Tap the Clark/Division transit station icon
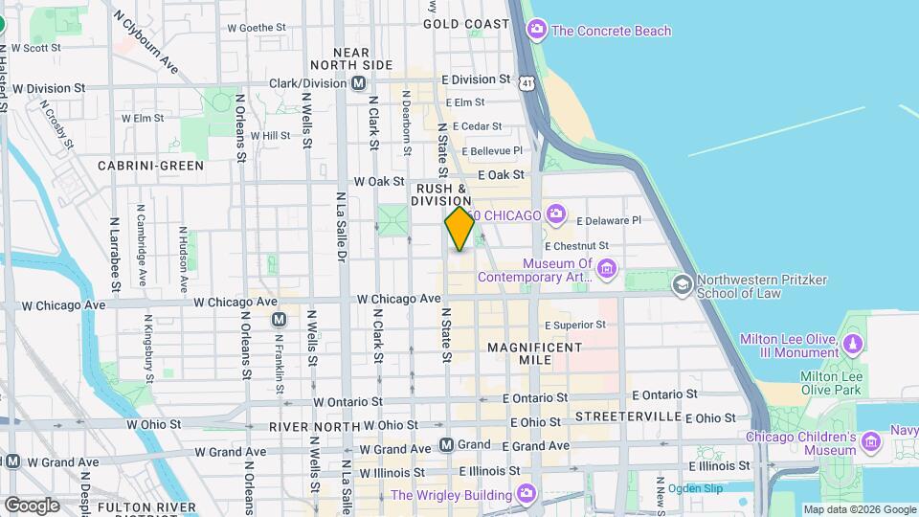358,83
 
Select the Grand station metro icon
446,444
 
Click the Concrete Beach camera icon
536,30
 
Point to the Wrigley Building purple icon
526,494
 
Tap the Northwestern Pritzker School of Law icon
682,283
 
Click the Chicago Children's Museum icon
869,441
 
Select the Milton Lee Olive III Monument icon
852,341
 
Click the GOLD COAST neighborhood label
466,23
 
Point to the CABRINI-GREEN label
151,165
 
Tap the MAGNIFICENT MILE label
521,352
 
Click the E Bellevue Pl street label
493,150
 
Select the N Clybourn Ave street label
146,42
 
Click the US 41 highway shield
527,84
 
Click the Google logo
32,505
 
